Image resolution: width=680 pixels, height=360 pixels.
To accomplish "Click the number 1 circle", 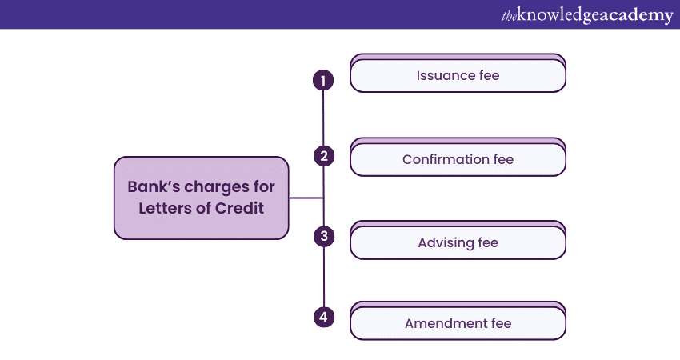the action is click(323, 80).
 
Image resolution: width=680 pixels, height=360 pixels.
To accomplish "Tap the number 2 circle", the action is click(324, 156).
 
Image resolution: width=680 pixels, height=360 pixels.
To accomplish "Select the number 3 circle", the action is click(324, 236).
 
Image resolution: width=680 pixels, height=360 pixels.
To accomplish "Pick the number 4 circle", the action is click(324, 317).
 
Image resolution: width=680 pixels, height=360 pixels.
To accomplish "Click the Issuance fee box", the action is click(458, 73).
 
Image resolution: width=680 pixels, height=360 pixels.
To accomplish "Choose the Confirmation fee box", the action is click(458, 157).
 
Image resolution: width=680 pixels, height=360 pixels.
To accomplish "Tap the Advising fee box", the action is click(458, 240).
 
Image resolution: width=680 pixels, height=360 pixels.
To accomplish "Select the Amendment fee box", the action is click(458, 321).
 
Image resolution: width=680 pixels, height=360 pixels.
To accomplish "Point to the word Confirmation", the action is click(446, 160).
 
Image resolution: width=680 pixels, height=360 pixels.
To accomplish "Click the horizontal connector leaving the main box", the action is click(306, 198).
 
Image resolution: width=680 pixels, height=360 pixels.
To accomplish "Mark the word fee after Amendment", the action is click(501, 323).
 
